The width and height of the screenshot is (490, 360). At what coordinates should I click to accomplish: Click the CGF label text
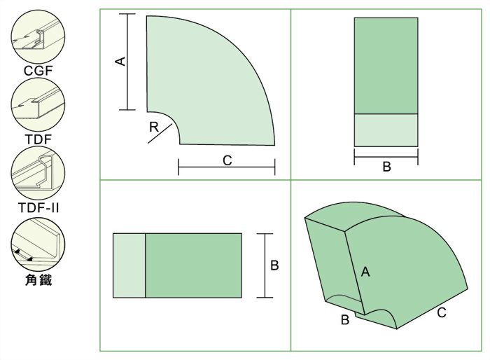(38, 71)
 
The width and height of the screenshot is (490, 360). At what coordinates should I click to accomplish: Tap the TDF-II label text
(38, 208)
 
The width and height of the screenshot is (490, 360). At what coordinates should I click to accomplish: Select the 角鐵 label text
(38, 279)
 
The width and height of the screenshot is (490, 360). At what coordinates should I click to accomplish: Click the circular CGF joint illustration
(38, 37)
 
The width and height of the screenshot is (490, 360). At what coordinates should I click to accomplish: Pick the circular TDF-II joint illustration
(38, 174)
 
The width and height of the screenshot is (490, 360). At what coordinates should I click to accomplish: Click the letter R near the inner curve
(154, 127)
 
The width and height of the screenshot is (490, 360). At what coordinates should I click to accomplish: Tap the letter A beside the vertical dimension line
(120, 62)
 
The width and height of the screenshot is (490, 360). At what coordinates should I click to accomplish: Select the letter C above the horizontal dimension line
(227, 160)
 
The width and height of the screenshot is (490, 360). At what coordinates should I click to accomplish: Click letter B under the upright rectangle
(386, 167)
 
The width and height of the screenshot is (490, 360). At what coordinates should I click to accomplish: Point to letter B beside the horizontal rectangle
(274, 265)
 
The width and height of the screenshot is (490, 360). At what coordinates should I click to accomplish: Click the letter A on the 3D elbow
(365, 272)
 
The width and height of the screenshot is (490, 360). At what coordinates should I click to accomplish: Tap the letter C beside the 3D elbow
(442, 312)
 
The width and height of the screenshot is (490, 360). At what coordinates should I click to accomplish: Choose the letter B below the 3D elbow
(345, 319)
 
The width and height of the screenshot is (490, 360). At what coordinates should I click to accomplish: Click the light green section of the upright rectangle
(386, 130)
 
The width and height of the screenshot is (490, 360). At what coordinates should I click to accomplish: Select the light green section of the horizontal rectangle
(129, 265)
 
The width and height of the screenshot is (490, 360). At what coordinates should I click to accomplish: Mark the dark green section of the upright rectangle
(386, 66)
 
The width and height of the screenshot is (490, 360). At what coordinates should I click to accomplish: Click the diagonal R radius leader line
(160, 134)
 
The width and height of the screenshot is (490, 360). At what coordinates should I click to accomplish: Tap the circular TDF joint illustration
(38, 105)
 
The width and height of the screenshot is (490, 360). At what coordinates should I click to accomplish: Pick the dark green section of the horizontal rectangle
(193, 265)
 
